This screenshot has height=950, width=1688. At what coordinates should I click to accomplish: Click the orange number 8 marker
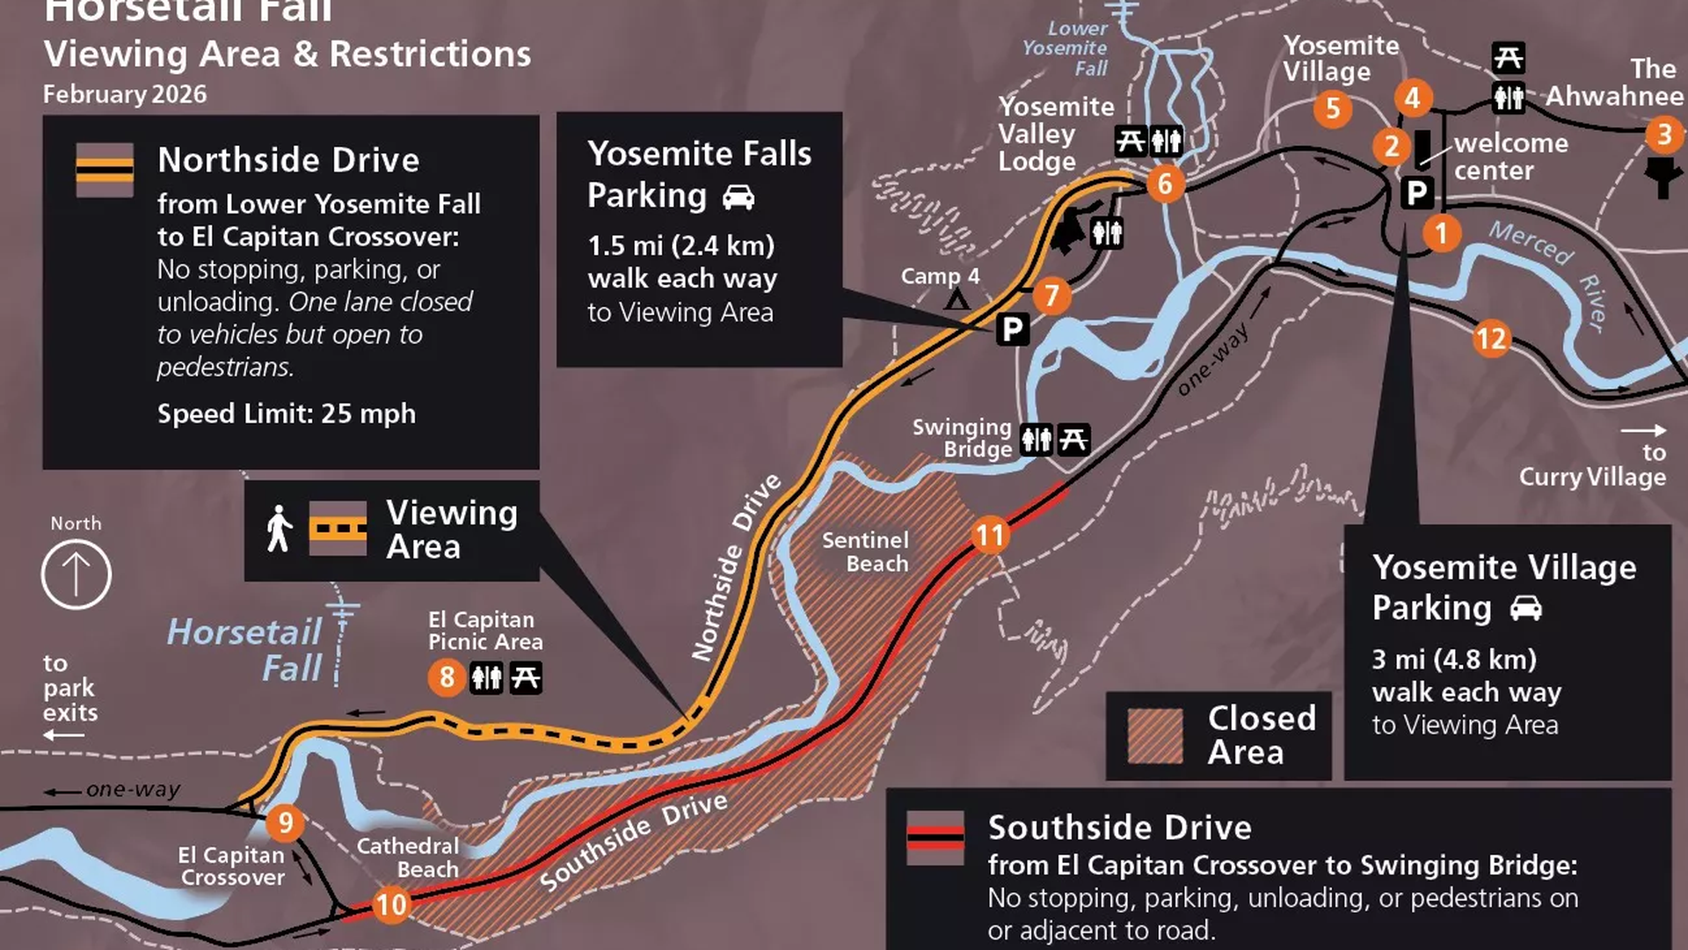coord(447,677)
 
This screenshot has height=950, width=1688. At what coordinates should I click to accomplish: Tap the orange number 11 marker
coord(990,536)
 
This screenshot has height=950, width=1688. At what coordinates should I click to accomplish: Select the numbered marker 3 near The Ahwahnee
coord(1663,135)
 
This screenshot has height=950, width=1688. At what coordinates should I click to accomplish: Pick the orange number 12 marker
coord(1491,339)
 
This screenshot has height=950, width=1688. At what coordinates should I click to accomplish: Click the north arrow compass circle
coord(76,574)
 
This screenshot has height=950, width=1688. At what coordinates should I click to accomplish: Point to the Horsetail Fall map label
coord(245,649)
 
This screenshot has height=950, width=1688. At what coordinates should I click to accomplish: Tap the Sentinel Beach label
coord(864,552)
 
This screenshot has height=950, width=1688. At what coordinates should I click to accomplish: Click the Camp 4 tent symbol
coord(957,301)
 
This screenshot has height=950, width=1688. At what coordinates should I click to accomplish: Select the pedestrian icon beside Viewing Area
coord(279,529)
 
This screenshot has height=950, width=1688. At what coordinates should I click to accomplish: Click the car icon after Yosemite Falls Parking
coord(738,197)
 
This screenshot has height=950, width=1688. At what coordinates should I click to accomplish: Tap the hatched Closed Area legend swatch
coord(1155,735)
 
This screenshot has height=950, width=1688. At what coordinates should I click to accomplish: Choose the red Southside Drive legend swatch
coord(935,837)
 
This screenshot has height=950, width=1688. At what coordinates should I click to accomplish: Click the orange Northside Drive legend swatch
coord(105,170)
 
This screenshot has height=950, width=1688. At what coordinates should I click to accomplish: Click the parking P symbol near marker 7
coord(1013,330)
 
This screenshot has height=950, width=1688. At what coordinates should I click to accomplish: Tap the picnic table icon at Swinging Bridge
coord(1073,439)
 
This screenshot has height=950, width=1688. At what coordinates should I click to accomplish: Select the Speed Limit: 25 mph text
coord(286,413)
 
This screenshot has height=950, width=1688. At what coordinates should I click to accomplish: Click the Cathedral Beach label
coord(408,858)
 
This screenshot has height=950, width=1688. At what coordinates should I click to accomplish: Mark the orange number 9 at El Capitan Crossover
coord(285,822)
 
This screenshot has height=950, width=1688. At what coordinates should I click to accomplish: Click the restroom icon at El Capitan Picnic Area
coord(486,677)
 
